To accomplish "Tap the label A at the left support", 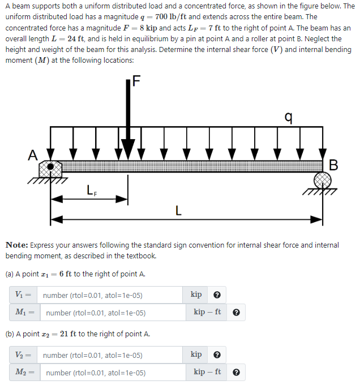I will click(x=33, y=154).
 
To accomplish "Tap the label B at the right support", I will click(x=333, y=165).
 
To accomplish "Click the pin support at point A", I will click(x=51, y=168).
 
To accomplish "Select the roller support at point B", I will click(x=323, y=181).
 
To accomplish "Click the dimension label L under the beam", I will click(x=178, y=212).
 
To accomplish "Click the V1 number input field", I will click(x=110, y=295).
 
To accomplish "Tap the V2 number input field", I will click(x=110, y=356).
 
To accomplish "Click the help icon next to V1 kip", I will click(x=217, y=295).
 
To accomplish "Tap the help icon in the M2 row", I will click(x=236, y=373).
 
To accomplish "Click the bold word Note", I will click(x=16, y=245).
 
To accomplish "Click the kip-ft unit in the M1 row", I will click(x=207, y=312).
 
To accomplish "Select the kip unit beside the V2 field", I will click(x=196, y=355).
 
